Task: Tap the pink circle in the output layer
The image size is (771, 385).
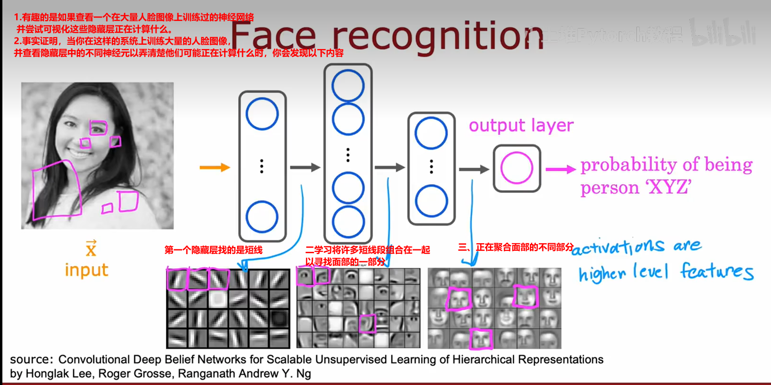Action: coord(517,168)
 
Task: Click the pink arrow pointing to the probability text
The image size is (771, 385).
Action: coord(560,169)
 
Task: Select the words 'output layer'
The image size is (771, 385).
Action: coord(521,126)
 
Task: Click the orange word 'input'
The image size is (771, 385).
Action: coord(87,270)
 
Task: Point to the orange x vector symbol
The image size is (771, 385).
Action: coord(91,248)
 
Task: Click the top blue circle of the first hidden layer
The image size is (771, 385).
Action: coord(262,114)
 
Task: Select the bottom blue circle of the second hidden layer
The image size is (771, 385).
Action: coord(348,222)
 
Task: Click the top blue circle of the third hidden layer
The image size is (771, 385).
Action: coord(431,133)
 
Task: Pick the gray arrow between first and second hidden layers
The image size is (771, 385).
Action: coord(305,168)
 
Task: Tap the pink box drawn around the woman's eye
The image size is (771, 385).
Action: coord(98,128)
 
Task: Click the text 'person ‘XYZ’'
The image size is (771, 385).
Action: coord(635,188)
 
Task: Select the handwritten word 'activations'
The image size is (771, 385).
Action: coord(617,247)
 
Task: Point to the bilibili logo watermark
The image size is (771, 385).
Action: coord(722,33)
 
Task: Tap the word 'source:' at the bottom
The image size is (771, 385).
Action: coord(31,359)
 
